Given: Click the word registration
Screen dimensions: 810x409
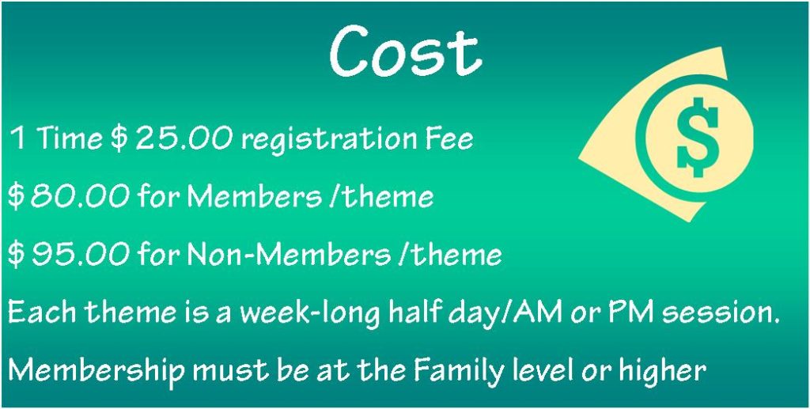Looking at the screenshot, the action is pyautogui.click(x=327, y=140).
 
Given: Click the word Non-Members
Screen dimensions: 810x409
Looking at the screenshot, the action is pyautogui.click(x=290, y=254).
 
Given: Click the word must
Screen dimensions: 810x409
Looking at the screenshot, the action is pyautogui.click(x=230, y=370).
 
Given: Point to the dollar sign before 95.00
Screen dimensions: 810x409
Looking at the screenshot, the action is pyautogui.click(x=16, y=254).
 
